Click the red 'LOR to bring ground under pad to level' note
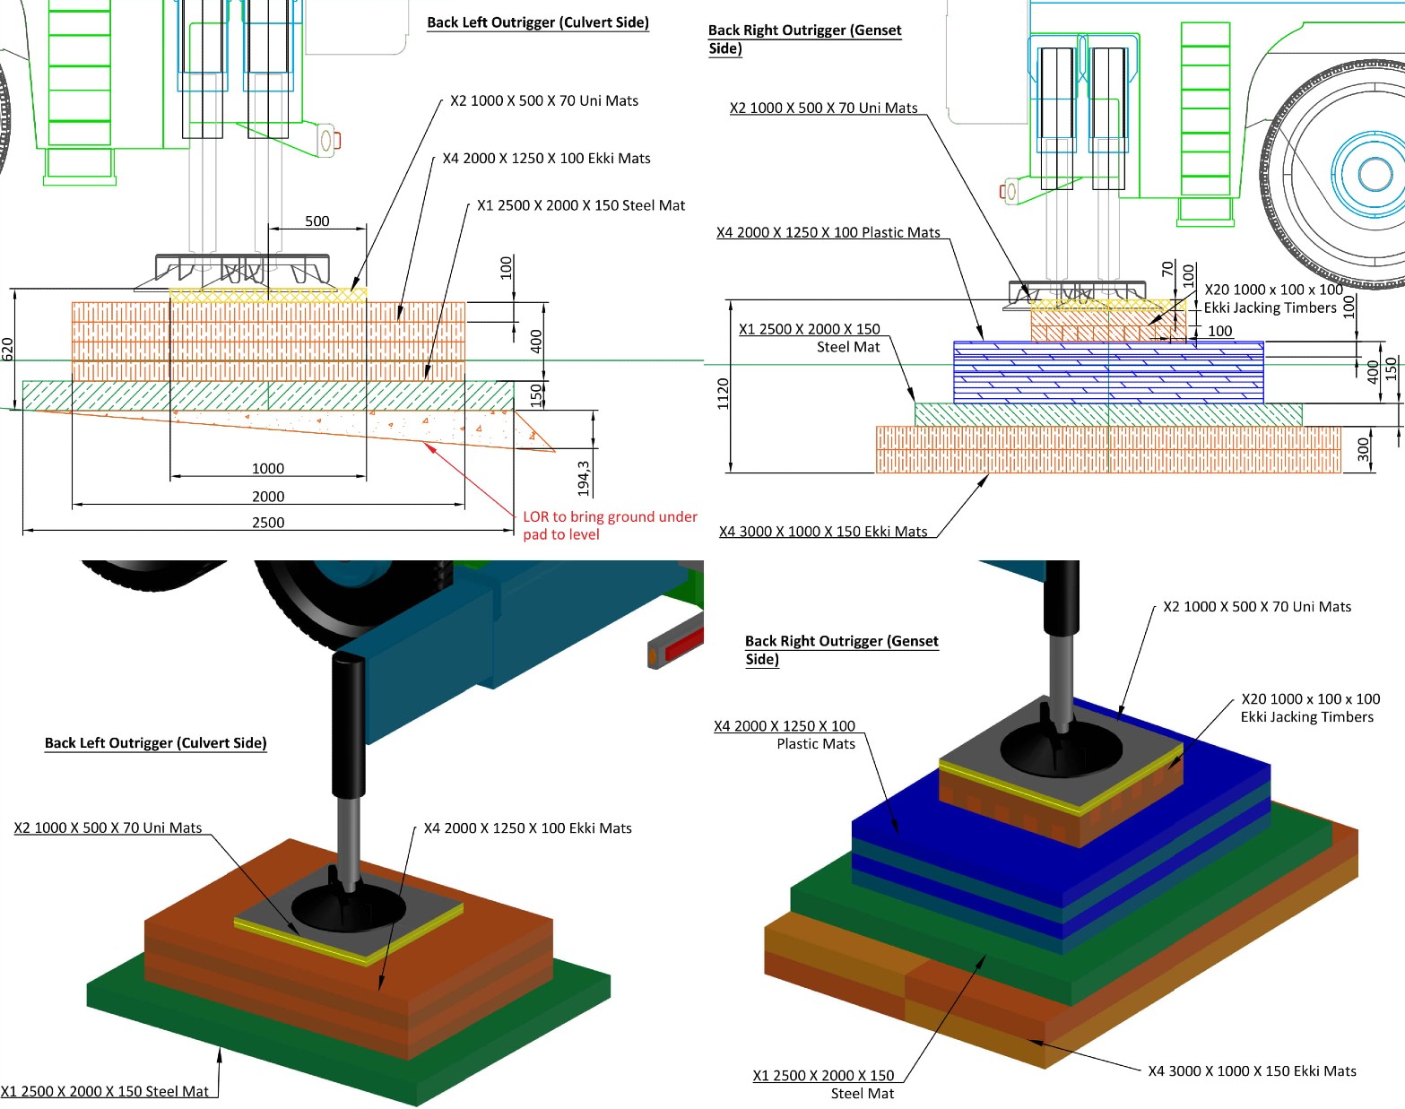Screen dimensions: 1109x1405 coord(609,525)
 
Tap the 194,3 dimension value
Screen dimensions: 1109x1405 coord(584,478)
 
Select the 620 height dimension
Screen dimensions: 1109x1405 coord(8,349)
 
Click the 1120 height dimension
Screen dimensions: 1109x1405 coord(724,393)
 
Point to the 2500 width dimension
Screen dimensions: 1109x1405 coord(268,523)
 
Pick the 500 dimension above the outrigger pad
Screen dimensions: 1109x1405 coord(317,221)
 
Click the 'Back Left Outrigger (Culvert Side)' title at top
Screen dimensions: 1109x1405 coord(538,22)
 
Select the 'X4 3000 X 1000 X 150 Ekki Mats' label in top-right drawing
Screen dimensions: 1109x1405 coord(823,532)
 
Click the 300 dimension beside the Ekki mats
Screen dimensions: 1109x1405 coord(1364,449)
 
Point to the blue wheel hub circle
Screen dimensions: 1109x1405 coord(1375,173)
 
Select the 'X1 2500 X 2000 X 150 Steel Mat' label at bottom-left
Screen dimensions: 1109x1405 coord(105,1091)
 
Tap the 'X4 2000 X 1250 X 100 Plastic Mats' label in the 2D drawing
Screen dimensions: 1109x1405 coord(828,232)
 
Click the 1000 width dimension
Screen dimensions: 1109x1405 coord(268,469)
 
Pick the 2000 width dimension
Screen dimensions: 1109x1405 coord(268,497)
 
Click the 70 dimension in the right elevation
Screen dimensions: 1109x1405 coord(1167,268)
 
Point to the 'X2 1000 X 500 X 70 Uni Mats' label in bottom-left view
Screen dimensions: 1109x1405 coord(108,827)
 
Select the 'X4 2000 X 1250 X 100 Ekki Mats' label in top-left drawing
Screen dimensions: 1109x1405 coord(546,159)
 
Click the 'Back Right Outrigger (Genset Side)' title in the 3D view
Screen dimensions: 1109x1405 coord(841,650)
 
